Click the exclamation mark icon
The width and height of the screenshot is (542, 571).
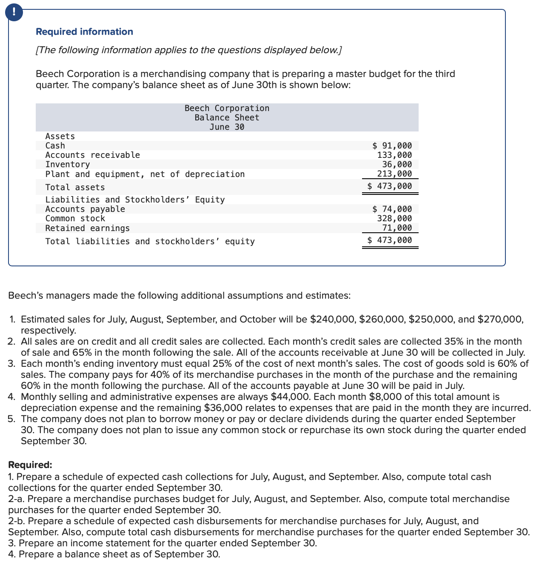click(x=14, y=12)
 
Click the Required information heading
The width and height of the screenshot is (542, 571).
click(x=84, y=32)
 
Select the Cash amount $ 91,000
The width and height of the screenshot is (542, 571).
click(x=392, y=146)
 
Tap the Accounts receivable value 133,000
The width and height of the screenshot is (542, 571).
click(x=394, y=155)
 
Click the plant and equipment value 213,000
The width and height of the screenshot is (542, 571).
click(x=394, y=174)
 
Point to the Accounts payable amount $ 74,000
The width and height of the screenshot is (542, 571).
click(x=392, y=209)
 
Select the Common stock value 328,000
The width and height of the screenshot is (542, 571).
click(x=394, y=218)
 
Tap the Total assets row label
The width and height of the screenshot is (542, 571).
click(x=75, y=187)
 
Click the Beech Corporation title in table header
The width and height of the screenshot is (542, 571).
click(x=227, y=108)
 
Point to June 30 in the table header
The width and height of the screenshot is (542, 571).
click(x=227, y=127)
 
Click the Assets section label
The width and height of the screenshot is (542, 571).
click(x=60, y=136)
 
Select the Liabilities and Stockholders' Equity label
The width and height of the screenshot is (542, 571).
click(x=135, y=200)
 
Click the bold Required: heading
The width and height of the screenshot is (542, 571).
click(x=30, y=465)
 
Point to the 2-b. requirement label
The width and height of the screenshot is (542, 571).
click(x=17, y=521)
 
